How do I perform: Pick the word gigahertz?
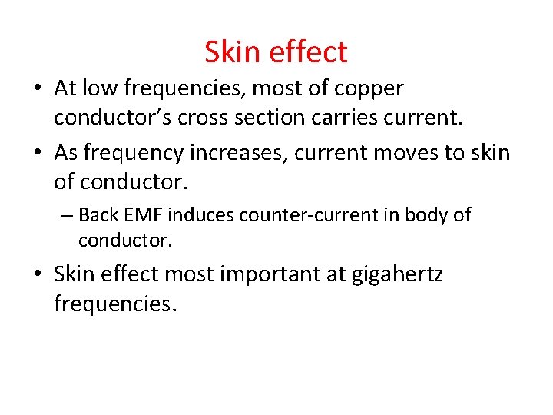[x=397, y=274]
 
